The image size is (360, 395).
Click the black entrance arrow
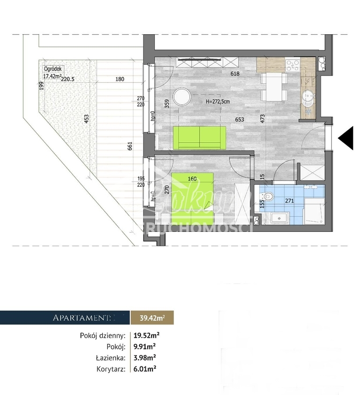[346, 137]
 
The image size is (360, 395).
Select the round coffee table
[182, 98]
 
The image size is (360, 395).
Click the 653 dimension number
[240, 120]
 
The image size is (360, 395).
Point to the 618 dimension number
[235, 74]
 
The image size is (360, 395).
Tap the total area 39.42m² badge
[152, 318]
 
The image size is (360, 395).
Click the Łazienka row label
[111, 358]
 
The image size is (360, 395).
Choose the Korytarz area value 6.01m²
[144, 369]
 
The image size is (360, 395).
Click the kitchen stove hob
[292, 64]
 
